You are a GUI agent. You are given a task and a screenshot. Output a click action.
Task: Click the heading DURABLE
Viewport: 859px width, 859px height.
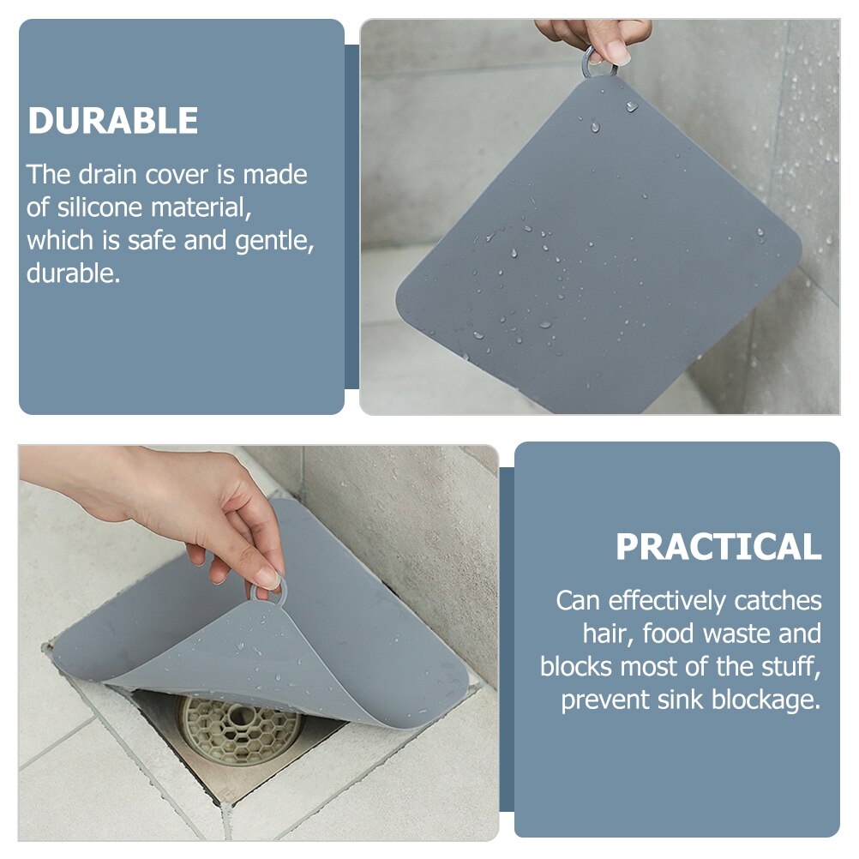pyautogui.click(x=113, y=121)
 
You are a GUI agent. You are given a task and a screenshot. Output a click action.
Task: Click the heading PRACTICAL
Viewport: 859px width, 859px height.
pyautogui.click(x=718, y=547)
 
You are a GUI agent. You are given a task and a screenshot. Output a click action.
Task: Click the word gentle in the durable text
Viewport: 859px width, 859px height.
pyautogui.click(x=275, y=241)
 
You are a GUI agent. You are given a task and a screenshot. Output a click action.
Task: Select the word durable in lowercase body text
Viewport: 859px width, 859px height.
pyautogui.click(x=73, y=273)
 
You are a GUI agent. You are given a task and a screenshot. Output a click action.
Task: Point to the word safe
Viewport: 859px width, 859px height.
pyautogui.click(x=153, y=241)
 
